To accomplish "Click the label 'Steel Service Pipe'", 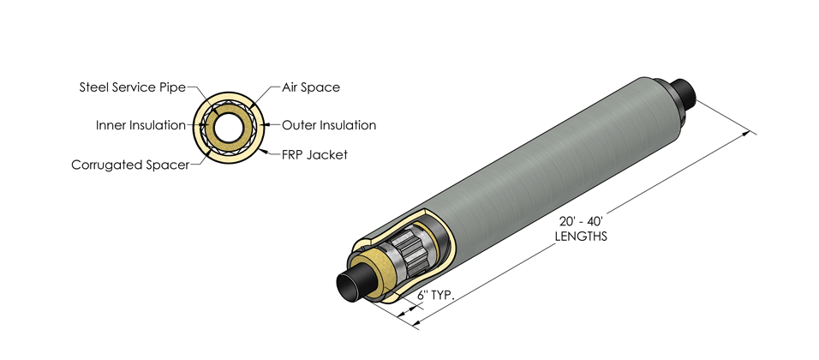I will [x=132, y=87].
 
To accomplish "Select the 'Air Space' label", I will [x=311, y=87].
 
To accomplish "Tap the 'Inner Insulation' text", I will [x=140, y=125].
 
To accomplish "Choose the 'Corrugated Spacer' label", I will [x=130, y=164].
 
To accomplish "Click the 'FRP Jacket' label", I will [x=314, y=154].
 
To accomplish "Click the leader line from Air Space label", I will [x=267, y=94].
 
